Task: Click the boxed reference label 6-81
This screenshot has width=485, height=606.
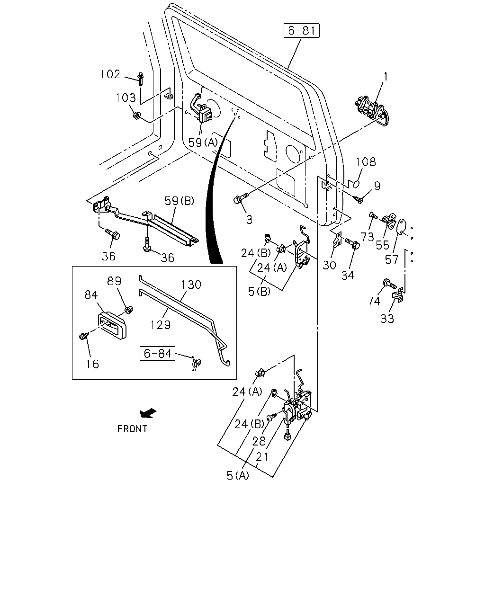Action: [301, 30]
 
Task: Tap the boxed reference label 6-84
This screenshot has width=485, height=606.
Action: [158, 353]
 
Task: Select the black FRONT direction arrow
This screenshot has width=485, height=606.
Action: [148, 413]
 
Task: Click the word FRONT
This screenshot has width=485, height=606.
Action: [132, 429]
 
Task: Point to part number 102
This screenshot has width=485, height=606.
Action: [110, 74]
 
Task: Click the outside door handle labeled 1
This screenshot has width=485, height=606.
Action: [371, 111]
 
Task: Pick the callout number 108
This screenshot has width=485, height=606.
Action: [366, 162]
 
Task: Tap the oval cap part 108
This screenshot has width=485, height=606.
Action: [357, 184]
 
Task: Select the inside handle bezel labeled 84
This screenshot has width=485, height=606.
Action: [112, 325]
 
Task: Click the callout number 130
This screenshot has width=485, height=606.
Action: [191, 285]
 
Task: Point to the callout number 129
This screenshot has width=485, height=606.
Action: [161, 325]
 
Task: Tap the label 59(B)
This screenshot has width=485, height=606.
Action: [179, 201]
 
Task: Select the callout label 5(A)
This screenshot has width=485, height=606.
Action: [238, 475]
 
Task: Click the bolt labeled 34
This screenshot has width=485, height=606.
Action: [352, 243]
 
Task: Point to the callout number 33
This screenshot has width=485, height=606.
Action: [387, 319]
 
